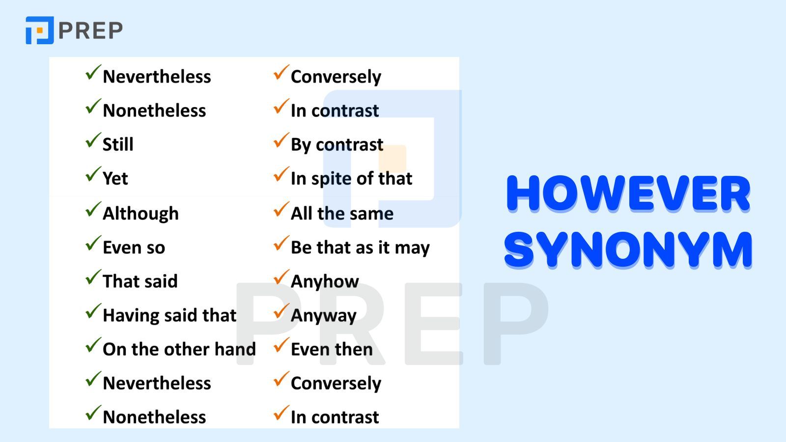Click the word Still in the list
point(118,144)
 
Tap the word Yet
point(115,178)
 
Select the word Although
point(140,214)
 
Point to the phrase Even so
point(134,248)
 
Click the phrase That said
point(140,281)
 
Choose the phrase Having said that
point(169,315)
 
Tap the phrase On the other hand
point(179,349)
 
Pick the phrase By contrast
point(337,144)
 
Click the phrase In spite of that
point(351,178)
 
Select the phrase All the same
point(342,214)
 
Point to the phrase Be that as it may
point(360,248)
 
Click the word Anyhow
point(325,281)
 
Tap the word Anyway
point(323,315)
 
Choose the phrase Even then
point(332,349)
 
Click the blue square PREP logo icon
point(39,30)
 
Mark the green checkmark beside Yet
point(93,174)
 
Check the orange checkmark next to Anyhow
point(281,277)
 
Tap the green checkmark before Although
point(93,210)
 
